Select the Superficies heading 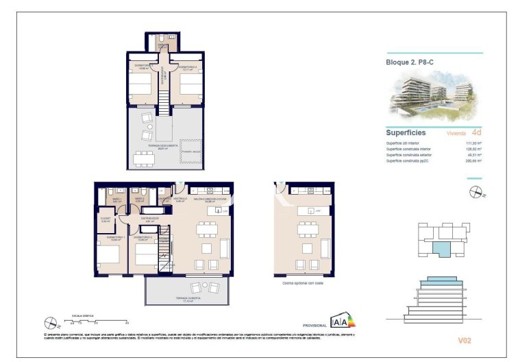[x=406, y=132]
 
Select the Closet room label [x=106, y=219]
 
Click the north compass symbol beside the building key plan [x=474, y=193]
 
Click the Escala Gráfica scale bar [x=96, y=320]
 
